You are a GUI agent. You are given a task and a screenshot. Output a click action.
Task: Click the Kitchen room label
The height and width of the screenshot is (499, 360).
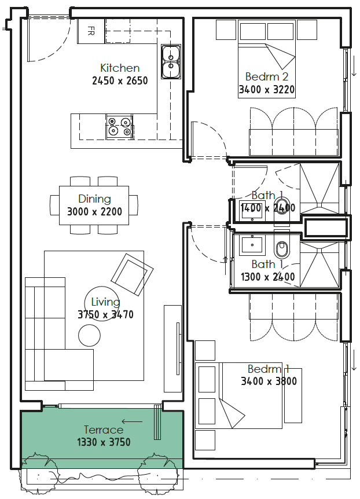[120, 68]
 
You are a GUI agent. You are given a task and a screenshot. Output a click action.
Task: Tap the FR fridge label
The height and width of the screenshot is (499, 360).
[91, 31]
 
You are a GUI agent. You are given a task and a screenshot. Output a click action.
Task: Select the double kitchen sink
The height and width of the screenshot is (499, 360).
[171, 61]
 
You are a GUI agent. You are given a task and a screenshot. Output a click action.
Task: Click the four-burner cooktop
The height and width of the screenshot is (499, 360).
[119, 126]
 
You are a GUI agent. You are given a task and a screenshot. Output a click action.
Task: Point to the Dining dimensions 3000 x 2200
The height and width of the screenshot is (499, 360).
[94, 212]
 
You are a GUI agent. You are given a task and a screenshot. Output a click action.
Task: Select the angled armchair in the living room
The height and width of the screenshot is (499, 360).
[132, 274]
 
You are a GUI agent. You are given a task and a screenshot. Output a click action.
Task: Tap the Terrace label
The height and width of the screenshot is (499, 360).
[104, 430]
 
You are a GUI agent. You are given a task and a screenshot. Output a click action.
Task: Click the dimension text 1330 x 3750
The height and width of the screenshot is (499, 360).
[104, 442]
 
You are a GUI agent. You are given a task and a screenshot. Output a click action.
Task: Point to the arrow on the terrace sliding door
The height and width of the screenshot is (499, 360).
[132, 422]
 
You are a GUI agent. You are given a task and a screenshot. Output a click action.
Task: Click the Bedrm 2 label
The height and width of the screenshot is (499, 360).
[267, 76]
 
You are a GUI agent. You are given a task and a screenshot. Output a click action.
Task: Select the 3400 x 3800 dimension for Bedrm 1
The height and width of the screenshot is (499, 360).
[269, 381]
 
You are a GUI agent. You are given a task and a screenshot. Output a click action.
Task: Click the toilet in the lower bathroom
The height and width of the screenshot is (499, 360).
[282, 247]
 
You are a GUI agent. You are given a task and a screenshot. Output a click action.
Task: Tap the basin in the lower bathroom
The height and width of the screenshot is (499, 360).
[252, 245]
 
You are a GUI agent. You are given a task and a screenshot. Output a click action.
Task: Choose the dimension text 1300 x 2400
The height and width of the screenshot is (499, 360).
[268, 277]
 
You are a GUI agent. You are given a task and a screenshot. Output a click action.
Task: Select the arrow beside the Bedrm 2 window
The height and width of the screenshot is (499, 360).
[354, 66]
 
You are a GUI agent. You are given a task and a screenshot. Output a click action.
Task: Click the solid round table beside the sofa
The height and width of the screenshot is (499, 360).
[90, 335]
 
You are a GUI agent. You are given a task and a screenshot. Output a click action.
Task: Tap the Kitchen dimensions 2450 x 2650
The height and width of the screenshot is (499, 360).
[120, 80]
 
